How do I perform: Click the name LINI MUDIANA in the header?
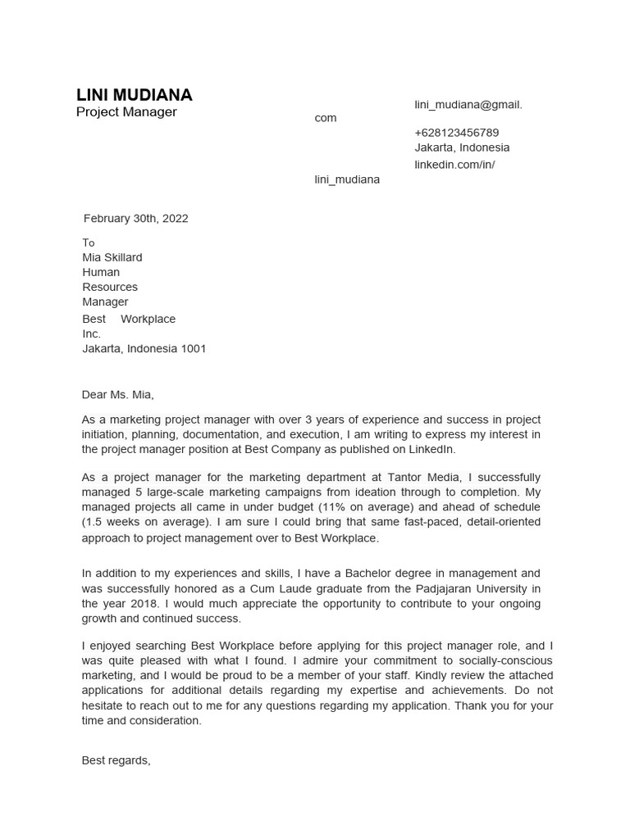(x=134, y=95)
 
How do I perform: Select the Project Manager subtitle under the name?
(x=126, y=112)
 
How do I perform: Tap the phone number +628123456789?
(x=456, y=133)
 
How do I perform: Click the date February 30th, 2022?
(x=135, y=219)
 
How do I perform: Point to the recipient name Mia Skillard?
(x=112, y=257)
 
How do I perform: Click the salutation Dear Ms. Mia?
(x=117, y=395)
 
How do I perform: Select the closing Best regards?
(x=116, y=760)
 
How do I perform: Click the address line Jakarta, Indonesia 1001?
(x=144, y=349)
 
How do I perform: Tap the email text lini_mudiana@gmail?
(x=468, y=105)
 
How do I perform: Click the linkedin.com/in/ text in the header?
(x=454, y=165)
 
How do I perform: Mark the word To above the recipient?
(x=89, y=243)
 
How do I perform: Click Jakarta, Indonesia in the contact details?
(x=462, y=148)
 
